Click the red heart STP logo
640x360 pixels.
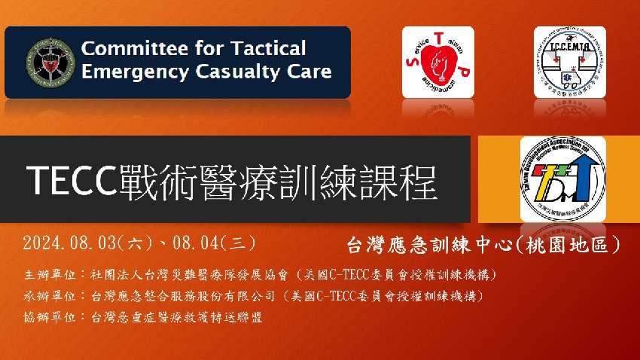pos(437,62)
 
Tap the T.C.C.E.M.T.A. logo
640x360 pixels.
pos(569,62)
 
